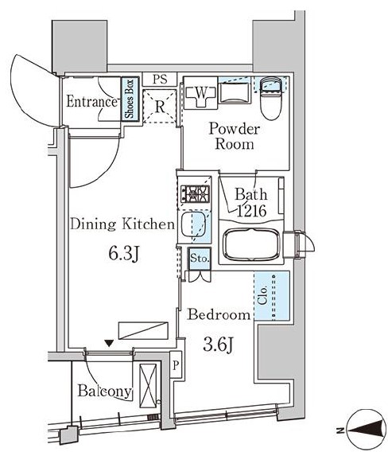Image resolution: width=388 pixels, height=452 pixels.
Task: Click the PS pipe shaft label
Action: [x=160, y=80]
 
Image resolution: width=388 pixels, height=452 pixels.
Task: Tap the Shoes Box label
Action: [x=130, y=99]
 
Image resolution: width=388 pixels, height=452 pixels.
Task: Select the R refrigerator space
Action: [x=160, y=107]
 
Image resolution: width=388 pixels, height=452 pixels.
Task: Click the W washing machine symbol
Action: [x=201, y=93]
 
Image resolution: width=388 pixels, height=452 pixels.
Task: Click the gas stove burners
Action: [x=195, y=194]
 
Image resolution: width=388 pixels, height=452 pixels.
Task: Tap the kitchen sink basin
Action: [x=193, y=224]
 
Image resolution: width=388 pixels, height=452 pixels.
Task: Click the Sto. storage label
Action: [x=200, y=258]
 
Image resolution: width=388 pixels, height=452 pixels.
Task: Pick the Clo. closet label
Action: [x=262, y=295]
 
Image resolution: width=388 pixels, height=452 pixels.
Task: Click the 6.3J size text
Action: [x=124, y=254]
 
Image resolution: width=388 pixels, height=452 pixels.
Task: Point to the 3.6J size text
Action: [x=218, y=345]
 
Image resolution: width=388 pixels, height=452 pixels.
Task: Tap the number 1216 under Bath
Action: [x=251, y=212]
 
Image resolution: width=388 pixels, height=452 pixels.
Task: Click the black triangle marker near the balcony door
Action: [x=109, y=343]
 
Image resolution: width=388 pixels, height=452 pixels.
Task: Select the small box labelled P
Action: [x=176, y=365]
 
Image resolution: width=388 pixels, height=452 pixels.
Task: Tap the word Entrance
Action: [x=91, y=102]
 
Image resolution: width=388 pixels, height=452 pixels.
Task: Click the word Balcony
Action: [x=105, y=392]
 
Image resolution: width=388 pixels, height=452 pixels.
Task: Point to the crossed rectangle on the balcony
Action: [x=148, y=386]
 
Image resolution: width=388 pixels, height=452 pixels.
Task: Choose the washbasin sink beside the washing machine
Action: [x=235, y=93]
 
